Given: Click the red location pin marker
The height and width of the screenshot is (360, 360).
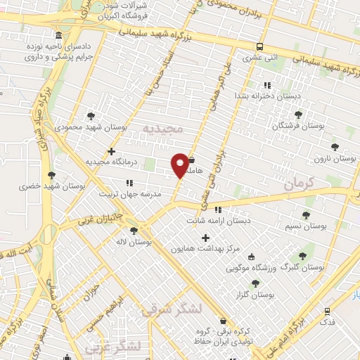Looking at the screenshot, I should [x=180, y=165].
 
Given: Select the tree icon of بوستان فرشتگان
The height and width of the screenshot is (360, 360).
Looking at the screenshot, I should [x=298, y=114].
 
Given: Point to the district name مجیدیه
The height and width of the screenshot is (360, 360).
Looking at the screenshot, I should [x=162, y=128].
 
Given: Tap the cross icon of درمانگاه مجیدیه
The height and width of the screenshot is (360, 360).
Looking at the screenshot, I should [x=111, y=150].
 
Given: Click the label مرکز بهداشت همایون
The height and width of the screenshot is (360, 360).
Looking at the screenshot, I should [x=205, y=249].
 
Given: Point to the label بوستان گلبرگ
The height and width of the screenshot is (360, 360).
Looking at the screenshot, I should [x=302, y=268].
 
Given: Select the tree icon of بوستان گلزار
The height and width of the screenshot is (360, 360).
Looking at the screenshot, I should [x=255, y=283].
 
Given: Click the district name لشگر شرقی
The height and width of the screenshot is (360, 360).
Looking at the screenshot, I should [x=172, y=309].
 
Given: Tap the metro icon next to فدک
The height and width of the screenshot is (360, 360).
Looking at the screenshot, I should [x=327, y=310].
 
